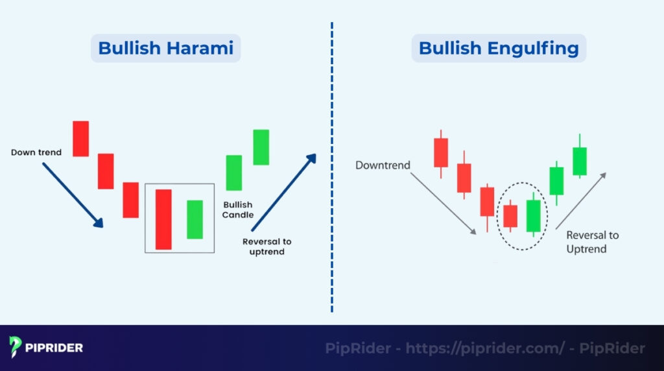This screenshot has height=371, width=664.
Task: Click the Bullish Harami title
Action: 165,48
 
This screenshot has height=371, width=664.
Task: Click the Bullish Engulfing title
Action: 499,48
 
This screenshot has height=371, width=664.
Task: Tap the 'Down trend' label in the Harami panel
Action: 36,152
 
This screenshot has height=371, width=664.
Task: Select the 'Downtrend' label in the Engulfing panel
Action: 383,165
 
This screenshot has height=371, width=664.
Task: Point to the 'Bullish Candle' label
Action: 238,209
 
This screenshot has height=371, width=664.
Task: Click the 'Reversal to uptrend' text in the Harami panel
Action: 267,246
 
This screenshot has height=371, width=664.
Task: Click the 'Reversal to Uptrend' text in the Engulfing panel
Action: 592,242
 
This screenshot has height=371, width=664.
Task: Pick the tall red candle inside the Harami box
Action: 163,219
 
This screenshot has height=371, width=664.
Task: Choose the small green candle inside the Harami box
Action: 195,219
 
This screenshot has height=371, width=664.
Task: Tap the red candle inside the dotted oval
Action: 510,216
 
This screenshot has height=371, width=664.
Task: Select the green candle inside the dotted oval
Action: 533,215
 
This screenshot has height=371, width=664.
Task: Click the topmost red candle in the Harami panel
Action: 80,138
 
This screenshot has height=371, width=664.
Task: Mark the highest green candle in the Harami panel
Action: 261,147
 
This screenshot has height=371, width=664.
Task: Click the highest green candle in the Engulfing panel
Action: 579,161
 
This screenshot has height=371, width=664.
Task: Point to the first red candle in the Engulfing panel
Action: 441,152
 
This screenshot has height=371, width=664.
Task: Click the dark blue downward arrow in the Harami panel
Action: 73,195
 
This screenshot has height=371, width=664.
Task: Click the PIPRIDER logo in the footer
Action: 46,348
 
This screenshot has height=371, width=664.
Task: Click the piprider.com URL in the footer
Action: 485,348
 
